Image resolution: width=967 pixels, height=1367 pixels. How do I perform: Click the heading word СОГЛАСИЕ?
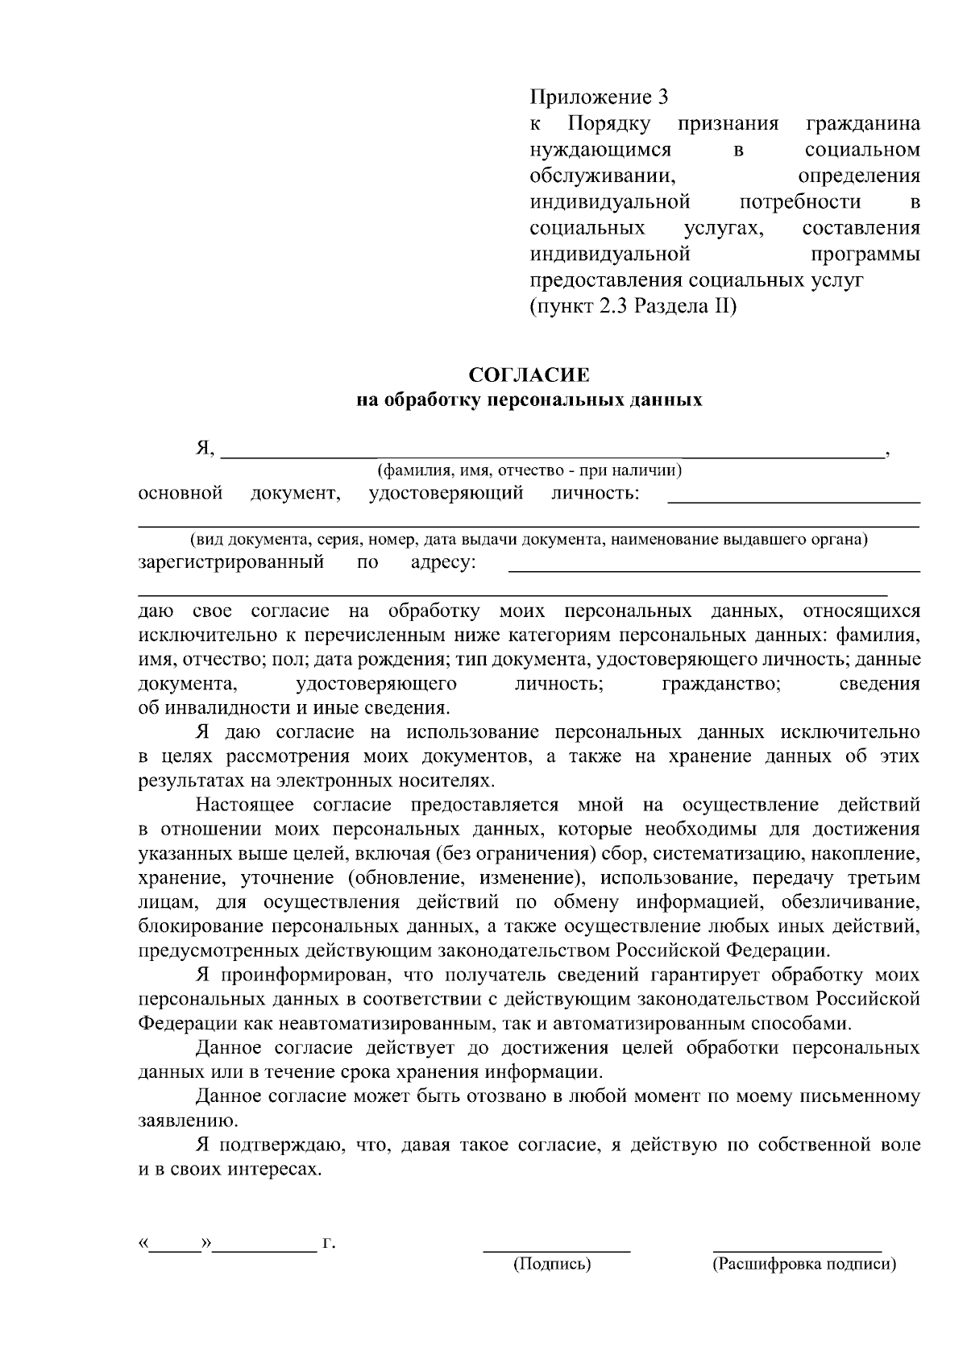[529, 375]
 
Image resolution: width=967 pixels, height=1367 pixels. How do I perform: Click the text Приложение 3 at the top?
[599, 98]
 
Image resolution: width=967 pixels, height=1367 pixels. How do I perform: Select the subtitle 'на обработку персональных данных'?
[529, 400]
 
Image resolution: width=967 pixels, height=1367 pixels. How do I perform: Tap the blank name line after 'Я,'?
[552, 456]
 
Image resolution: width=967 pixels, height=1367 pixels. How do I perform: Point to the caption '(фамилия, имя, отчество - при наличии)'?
[529, 470]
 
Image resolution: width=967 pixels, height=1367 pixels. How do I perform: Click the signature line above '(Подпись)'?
[556, 1251]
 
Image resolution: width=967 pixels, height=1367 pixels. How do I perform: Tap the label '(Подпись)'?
[553, 1265]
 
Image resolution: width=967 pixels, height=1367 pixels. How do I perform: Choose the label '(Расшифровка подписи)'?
[804, 1265]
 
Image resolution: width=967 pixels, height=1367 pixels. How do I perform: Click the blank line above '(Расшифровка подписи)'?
[797, 1251]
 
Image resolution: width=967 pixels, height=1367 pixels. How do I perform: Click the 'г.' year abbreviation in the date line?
[328, 1244]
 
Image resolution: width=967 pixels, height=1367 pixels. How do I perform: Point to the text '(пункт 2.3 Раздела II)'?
[633, 307]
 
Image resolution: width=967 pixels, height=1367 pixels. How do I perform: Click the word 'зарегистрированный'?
[231, 561]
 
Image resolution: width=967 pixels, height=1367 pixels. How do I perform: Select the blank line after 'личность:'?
[794, 502]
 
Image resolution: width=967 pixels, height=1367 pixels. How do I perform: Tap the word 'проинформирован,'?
[307, 976]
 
